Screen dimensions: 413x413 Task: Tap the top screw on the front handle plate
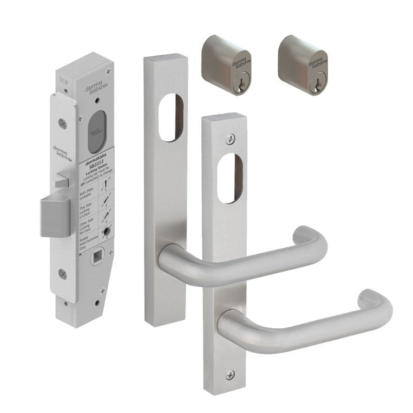coord(231,138)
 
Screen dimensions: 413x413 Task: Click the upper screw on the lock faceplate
coord(63,123)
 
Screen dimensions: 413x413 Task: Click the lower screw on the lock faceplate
coord(63,274)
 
